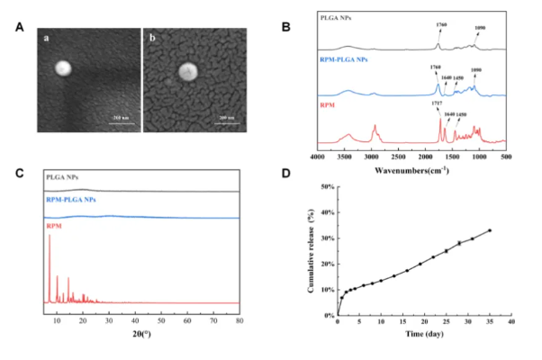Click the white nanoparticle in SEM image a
[x=62, y=68]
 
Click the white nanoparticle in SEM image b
[x=187, y=72]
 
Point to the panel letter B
[x=286, y=26]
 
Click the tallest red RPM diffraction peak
[x=49, y=236]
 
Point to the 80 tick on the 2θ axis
[x=239, y=319]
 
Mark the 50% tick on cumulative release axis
[x=321, y=187]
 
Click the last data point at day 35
[x=489, y=230]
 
